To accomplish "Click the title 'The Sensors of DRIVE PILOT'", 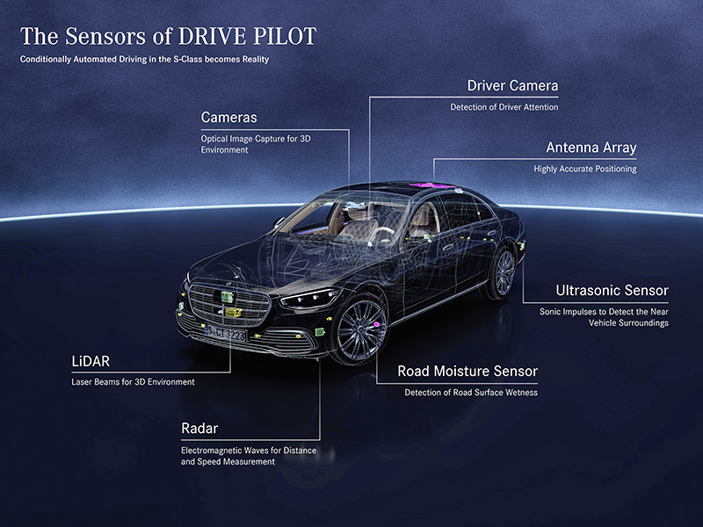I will point(168,37).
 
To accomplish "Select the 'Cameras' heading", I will point(228,117).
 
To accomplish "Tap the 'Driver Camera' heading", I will point(512,86).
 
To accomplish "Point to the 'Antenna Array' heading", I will point(591,148).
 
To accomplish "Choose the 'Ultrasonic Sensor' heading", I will point(612,290).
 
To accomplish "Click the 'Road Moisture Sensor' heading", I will point(467,372).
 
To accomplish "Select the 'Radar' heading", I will point(199,429).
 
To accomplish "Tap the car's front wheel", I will point(358,330).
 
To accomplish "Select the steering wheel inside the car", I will point(384,235).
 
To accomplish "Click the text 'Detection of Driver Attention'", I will point(504,107).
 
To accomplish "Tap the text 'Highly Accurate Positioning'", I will point(584,169).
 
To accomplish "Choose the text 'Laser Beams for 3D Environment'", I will point(133,382).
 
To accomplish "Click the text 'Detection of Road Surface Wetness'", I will point(470,393).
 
